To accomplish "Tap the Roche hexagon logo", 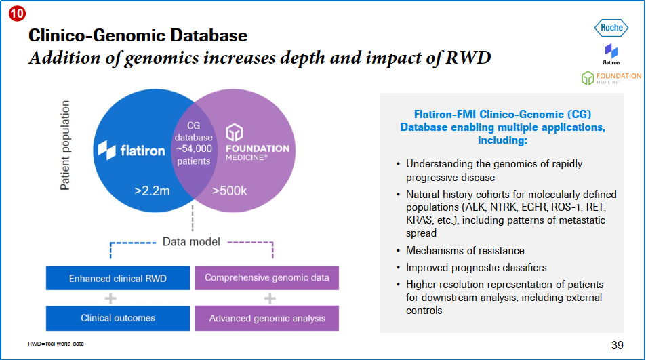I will pos(611,28).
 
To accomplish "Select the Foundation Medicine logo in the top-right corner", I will pos(611,78).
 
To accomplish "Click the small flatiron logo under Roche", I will pos(611,53).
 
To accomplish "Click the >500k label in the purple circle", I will pos(229,191).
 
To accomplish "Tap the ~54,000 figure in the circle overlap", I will pos(194,149).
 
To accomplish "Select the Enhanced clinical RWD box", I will pos(117,278).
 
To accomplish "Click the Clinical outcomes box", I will pos(117,317).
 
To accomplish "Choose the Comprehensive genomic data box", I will pos(267,277).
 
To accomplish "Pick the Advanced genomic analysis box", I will pos(267,318).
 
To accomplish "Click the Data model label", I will pos(190,241).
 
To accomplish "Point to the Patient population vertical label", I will pos(66,145).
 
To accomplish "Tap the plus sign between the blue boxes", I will pos(110,298).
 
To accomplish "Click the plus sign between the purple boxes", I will pos(269,298).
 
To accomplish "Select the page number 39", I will pos(617,345).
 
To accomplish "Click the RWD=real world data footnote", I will pos(56,344).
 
